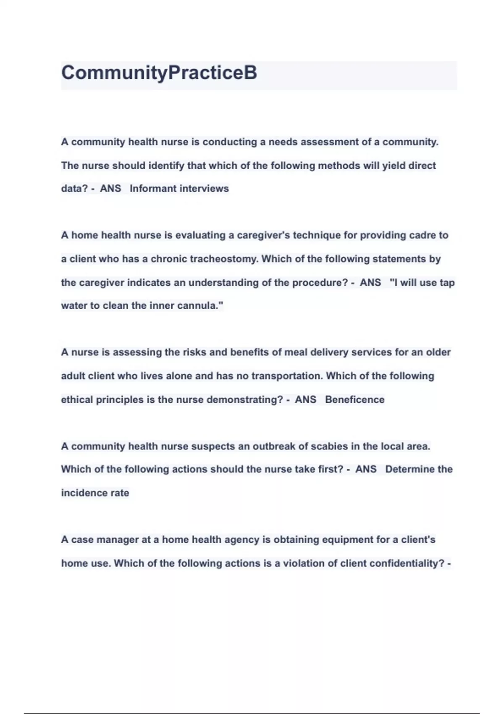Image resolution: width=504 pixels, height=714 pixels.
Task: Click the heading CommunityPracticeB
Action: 159,73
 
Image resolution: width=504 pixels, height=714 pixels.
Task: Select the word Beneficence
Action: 354,399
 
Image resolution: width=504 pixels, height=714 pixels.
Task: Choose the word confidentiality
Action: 409,563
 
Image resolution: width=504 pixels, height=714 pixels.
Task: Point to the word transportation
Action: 287,376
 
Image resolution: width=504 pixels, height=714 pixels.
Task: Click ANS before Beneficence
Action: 305,399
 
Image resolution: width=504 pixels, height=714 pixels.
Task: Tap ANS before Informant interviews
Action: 110,189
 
